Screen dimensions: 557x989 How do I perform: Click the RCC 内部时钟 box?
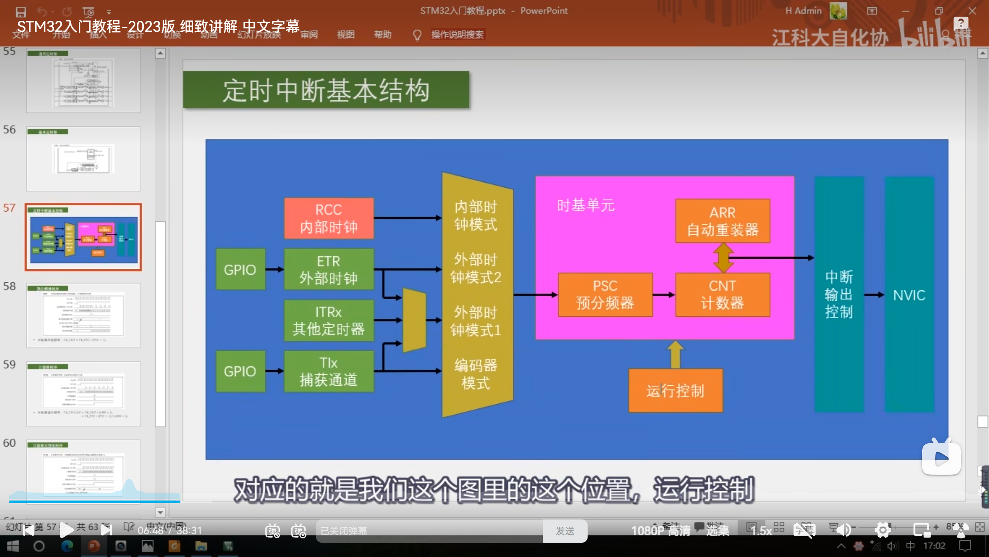[x=329, y=218]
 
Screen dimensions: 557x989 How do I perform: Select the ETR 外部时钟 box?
[x=329, y=269]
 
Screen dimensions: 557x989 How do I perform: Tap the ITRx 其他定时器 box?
[x=329, y=321]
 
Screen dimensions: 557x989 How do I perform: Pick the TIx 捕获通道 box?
[x=329, y=371]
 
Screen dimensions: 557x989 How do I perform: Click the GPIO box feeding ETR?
[x=240, y=269]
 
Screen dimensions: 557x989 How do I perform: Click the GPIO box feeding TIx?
[x=240, y=371]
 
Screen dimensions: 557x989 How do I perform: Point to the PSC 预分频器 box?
[x=605, y=295]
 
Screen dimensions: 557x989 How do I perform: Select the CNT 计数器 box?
[x=722, y=295]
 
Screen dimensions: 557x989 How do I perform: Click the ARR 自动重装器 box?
[x=722, y=221]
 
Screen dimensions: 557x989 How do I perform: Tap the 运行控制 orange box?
[x=675, y=391]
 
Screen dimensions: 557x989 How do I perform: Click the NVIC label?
[x=909, y=296]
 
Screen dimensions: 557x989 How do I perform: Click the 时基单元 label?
[x=586, y=205]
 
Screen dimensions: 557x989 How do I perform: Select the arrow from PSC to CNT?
[x=664, y=295]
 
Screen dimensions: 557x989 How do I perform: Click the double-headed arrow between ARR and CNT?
[x=723, y=258]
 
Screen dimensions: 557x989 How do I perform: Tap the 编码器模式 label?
[x=476, y=374]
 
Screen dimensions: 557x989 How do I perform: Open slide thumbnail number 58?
[x=83, y=315]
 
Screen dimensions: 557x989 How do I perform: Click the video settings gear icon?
[x=882, y=530]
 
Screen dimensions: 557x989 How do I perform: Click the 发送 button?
[x=565, y=531]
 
